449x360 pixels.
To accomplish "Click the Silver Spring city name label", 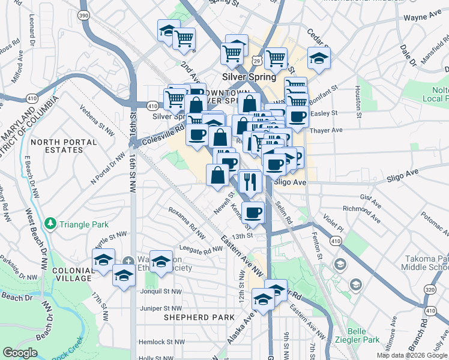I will (249, 77).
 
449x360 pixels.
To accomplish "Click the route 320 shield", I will (429, 289).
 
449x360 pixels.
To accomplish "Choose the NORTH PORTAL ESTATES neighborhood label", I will (64, 146).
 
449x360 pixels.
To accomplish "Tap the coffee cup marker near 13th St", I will (253, 212).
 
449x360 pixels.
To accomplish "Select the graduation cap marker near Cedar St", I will (319, 58).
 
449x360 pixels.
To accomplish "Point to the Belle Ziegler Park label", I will (359, 335).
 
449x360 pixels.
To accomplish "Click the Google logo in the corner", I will (20, 353).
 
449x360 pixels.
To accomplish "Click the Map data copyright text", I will (412, 355).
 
